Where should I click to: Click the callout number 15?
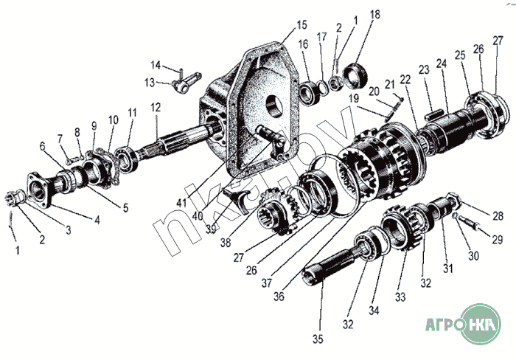(x=301, y=24)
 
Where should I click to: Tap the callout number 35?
(x=318, y=339)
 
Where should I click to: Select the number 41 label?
(x=181, y=203)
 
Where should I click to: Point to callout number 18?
(x=374, y=15)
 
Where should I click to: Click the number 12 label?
(x=156, y=108)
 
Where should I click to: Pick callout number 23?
(x=424, y=70)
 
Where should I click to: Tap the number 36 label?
(x=279, y=297)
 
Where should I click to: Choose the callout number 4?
(x=97, y=220)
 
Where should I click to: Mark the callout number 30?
(x=473, y=255)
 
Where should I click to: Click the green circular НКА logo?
(x=481, y=324)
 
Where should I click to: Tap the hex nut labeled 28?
(x=454, y=198)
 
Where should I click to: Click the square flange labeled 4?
(x=40, y=190)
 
